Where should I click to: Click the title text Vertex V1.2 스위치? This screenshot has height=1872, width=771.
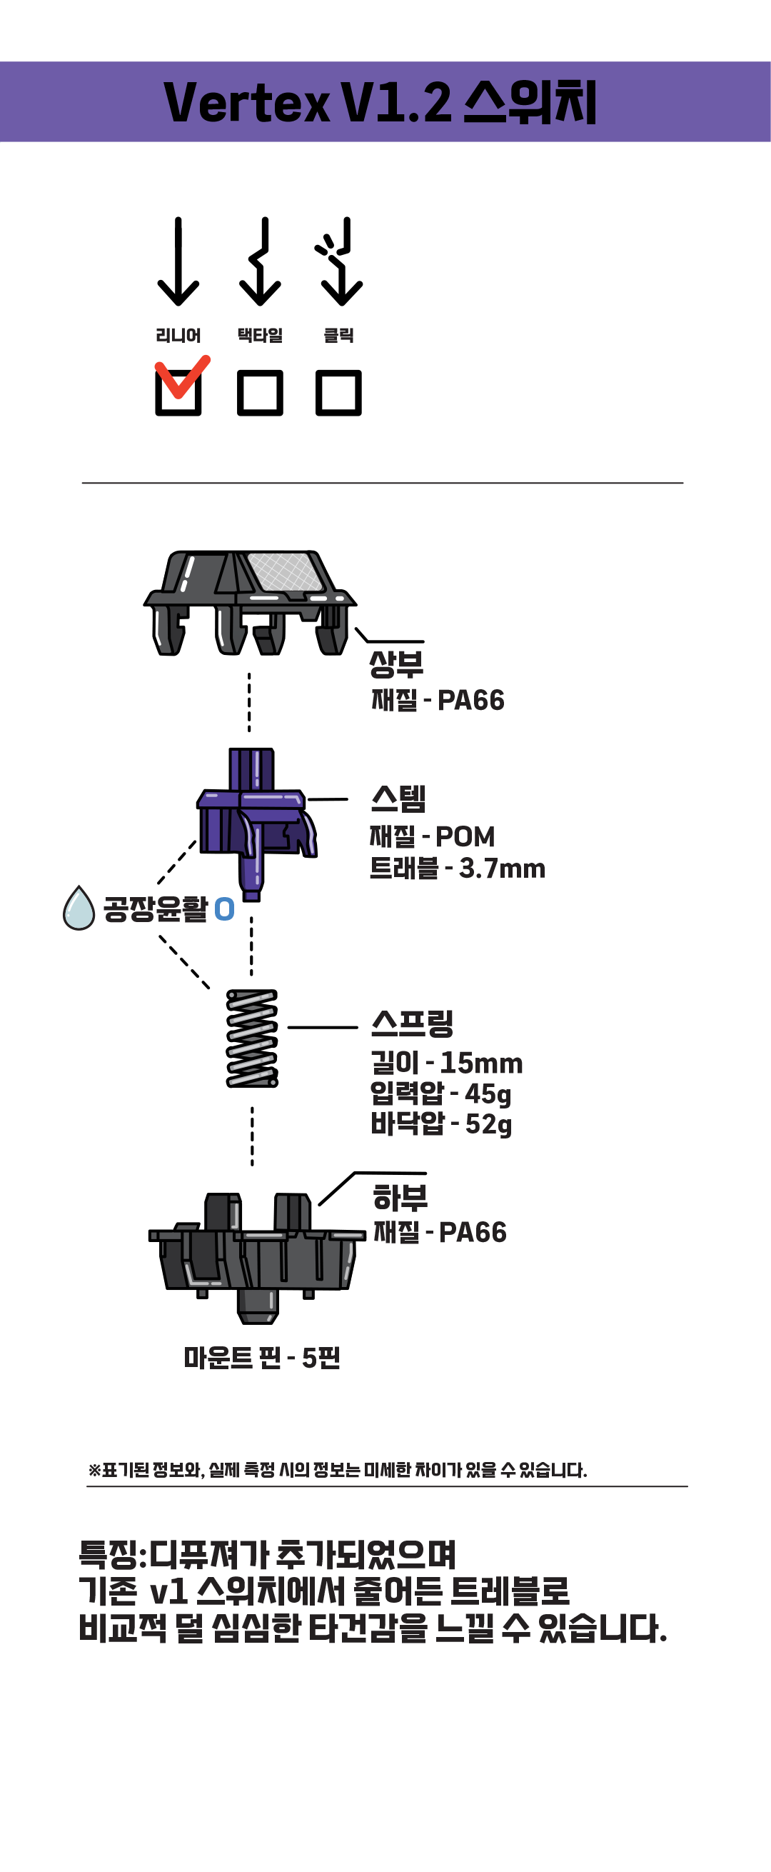(380, 102)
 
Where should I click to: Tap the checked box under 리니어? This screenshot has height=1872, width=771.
(178, 391)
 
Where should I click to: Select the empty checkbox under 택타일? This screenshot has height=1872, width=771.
(259, 393)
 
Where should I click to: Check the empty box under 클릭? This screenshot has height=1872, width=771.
(338, 393)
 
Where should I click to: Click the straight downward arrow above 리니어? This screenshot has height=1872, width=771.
(178, 261)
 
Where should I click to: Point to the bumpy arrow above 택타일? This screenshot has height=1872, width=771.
(260, 261)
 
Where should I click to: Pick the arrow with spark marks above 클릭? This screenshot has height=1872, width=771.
(340, 261)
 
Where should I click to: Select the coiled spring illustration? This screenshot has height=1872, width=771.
(252, 1038)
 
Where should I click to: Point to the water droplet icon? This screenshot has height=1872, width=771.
(79, 909)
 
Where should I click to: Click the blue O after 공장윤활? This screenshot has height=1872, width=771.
(225, 909)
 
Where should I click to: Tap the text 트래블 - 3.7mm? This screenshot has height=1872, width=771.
(457, 869)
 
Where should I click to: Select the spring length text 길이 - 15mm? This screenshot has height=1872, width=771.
(446, 1063)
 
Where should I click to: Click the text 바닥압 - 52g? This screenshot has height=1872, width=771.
(441, 1124)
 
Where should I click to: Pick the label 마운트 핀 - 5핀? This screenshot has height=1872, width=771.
(261, 1358)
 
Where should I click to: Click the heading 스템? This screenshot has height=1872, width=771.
(398, 799)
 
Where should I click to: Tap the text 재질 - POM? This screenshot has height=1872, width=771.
(432, 836)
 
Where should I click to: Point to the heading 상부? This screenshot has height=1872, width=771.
(396, 663)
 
